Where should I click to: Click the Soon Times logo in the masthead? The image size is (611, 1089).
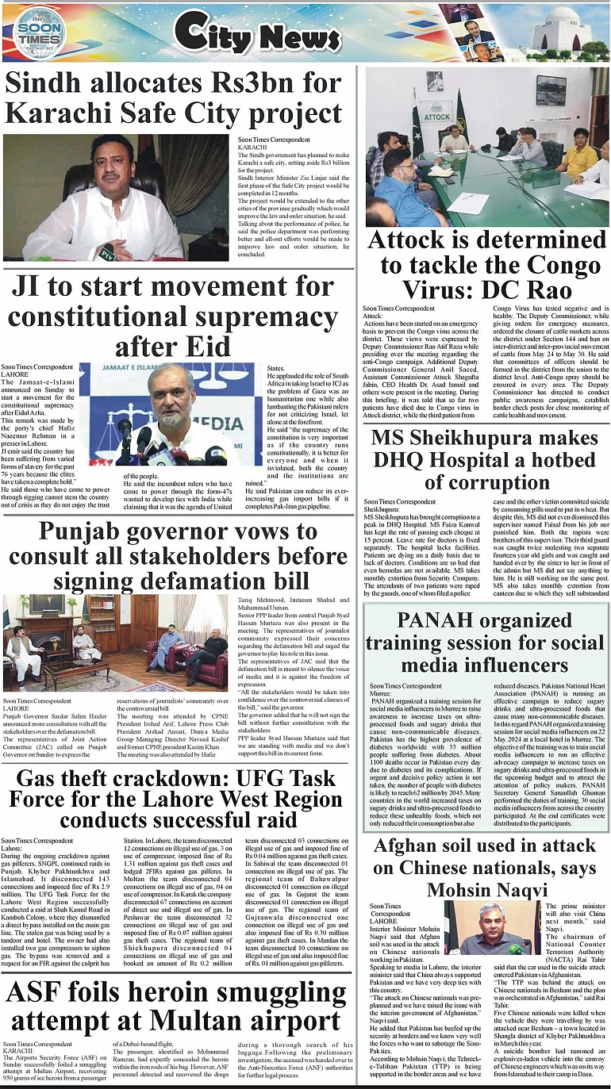tap(37, 31)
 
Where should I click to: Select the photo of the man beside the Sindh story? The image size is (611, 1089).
tap(116, 197)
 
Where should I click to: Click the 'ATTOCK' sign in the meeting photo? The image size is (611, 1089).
tap(437, 117)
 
